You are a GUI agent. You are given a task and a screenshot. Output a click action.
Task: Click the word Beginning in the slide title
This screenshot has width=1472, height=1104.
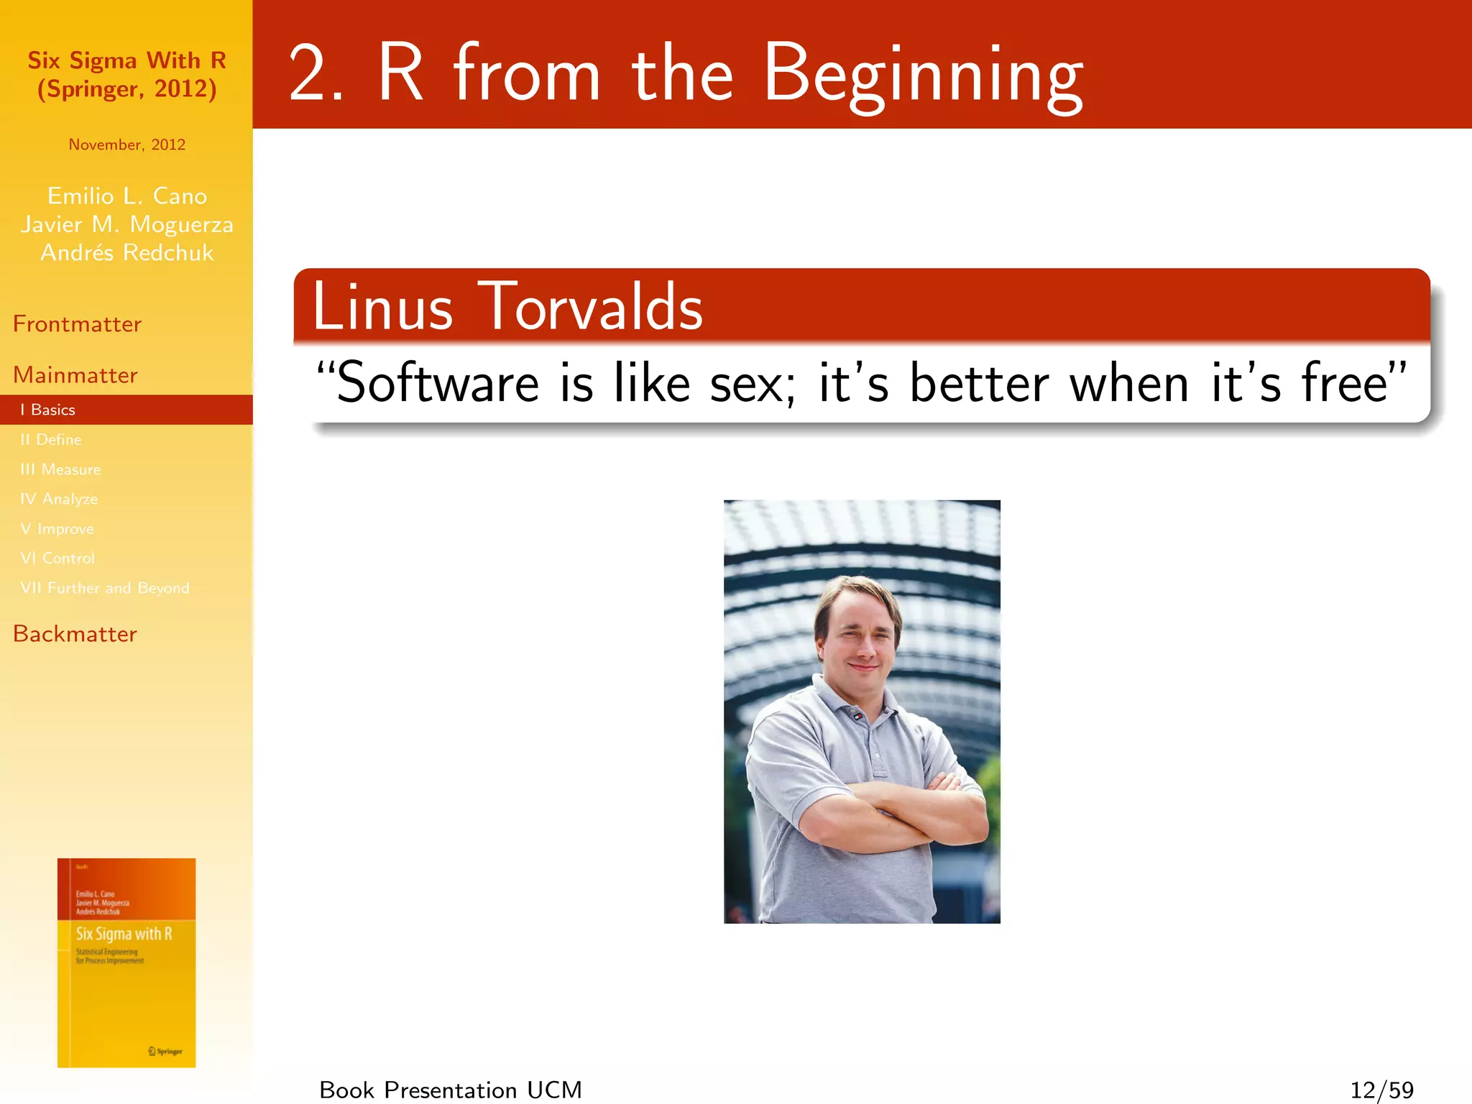coord(922,75)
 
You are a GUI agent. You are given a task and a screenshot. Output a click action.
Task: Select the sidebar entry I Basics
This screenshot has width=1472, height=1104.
coord(48,410)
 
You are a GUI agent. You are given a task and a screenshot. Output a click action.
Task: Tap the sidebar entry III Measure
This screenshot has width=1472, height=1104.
coord(60,469)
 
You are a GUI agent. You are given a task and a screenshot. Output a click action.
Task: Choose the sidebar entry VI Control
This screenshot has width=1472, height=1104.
coord(57,558)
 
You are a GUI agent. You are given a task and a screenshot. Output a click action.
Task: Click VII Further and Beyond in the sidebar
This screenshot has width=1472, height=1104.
coord(105,588)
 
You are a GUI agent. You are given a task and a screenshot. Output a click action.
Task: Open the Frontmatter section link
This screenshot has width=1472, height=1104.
coord(77,324)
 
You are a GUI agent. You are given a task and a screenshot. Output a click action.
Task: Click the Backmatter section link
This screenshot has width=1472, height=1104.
coord(75,634)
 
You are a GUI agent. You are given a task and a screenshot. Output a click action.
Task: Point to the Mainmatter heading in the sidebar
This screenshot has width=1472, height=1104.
coord(75,375)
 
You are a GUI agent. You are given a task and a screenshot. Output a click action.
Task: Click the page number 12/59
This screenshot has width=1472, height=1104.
coord(1381,1090)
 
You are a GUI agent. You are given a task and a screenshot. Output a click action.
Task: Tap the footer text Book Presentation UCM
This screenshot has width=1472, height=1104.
coord(451,1090)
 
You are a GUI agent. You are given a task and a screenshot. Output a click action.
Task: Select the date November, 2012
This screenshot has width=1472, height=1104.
coord(126,144)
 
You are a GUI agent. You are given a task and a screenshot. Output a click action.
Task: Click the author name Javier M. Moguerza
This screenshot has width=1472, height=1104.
coord(126,224)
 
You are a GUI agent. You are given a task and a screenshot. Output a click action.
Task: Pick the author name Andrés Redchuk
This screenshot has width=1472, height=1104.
coord(126,253)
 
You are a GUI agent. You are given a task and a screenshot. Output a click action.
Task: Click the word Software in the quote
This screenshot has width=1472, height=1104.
coord(437,383)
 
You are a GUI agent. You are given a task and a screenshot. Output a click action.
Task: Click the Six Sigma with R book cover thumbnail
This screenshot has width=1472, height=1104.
coord(126,962)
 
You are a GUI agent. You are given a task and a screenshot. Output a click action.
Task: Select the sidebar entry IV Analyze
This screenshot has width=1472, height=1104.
coord(59,499)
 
